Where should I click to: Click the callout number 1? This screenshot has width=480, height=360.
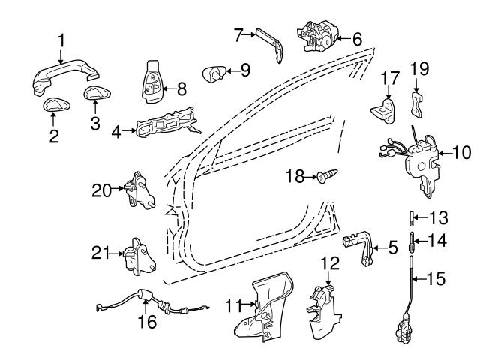[62, 40]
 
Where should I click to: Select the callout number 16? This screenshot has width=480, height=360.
[148, 322]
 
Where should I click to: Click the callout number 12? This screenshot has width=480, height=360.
[330, 263]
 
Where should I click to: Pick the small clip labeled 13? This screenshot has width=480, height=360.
[411, 218]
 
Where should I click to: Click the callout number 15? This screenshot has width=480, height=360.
[436, 278]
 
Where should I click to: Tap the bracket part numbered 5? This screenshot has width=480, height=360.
[361, 244]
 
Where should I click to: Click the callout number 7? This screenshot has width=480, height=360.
[238, 34]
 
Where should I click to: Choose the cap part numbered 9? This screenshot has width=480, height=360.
[215, 73]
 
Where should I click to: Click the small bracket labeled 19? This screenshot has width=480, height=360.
[416, 103]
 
